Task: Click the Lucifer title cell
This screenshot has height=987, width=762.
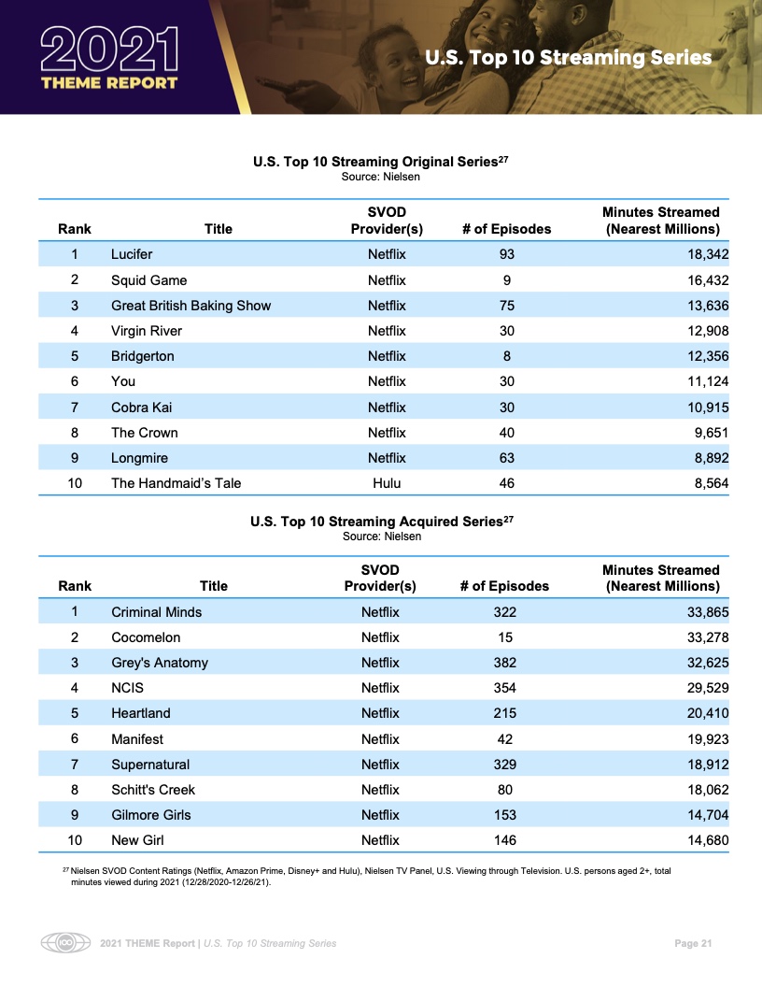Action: (132, 254)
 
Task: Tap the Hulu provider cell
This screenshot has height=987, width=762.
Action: (387, 483)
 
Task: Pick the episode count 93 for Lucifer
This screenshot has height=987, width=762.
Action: (506, 254)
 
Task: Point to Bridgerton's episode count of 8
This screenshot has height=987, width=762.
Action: (506, 356)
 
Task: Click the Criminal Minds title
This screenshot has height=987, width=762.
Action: (156, 612)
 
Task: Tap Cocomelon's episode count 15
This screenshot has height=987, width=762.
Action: (505, 637)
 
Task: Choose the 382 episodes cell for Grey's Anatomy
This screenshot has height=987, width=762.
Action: (505, 663)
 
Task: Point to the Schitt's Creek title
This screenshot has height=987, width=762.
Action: (153, 790)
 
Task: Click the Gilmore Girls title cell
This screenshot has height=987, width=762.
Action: (150, 815)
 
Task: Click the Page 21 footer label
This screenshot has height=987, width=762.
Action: (693, 943)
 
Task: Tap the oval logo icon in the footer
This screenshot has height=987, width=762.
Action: (64, 943)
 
